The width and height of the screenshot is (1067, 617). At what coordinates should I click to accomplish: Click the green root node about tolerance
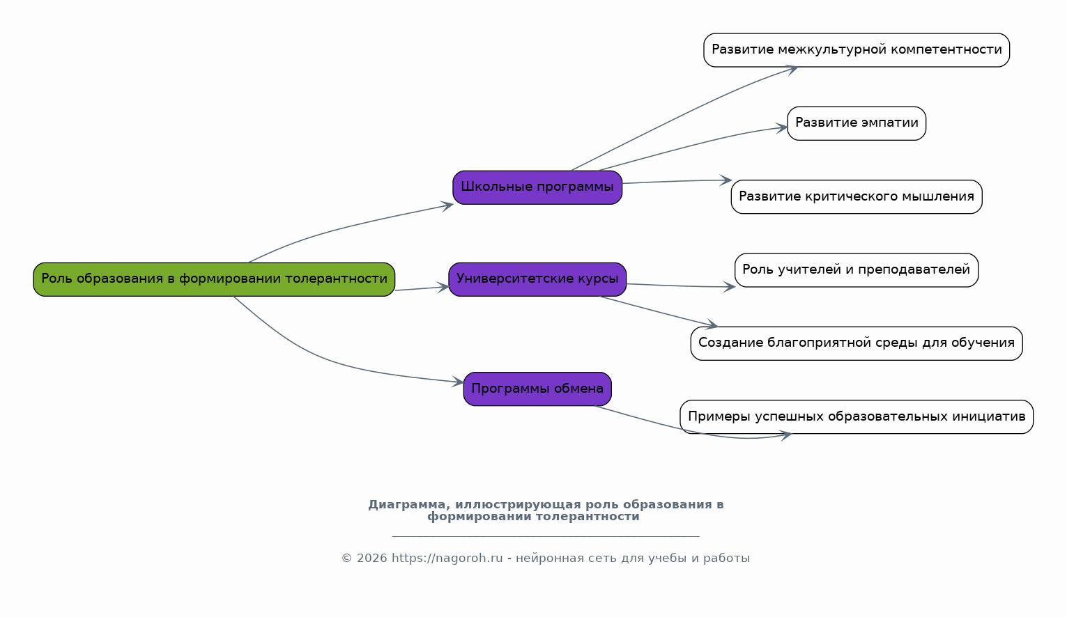click(x=214, y=279)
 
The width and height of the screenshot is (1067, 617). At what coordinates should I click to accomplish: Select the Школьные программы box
click(x=537, y=187)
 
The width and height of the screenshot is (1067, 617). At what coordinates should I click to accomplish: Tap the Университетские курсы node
click(x=537, y=279)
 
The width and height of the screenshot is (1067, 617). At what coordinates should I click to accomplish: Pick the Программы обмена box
click(x=537, y=389)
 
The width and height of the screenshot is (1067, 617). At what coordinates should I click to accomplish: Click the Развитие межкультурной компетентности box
click(x=857, y=50)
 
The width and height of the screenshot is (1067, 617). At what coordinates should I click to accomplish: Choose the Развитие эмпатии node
click(x=857, y=123)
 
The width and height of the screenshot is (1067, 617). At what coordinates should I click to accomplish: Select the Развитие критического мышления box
click(x=857, y=197)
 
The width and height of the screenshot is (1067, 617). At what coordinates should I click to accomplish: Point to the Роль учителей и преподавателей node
click(x=857, y=270)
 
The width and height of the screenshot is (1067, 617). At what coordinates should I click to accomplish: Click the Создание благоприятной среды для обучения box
click(x=857, y=343)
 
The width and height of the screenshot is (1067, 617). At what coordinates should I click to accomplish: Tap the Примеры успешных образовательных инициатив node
click(x=857, y=417)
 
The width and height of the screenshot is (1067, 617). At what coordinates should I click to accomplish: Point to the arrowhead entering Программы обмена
click(x=458, y=382)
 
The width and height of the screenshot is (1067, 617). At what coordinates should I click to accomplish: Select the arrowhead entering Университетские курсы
click(x=443, y=286)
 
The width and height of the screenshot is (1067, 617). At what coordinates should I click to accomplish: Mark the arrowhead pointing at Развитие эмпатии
click(x=782, y=127)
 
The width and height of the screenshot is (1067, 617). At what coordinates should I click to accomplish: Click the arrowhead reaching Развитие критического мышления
click(x=726, y=180)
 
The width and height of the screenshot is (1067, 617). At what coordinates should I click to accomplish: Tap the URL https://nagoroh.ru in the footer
click(x=447, y=559)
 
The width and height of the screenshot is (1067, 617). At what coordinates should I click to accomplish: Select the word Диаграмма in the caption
click(x=408, y=505)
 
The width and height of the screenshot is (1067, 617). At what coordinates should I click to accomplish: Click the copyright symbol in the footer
click(x=346, y=559)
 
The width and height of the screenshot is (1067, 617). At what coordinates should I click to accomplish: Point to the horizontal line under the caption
click(x=546, y=536)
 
